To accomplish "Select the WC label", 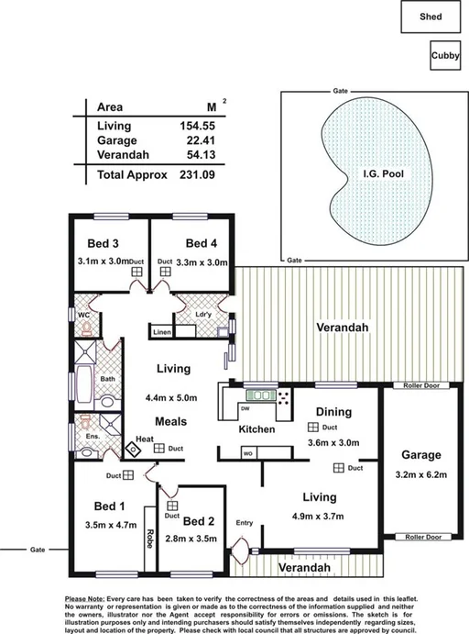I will click(x=82, y=313).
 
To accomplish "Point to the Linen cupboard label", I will click(x=162, y=332).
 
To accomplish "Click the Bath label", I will click(x=107, y=378).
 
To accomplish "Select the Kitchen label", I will click(x=257, y=429).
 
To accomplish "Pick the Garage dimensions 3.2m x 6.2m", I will click(x=420, y=475).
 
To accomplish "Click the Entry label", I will click(x=244, y=522).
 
